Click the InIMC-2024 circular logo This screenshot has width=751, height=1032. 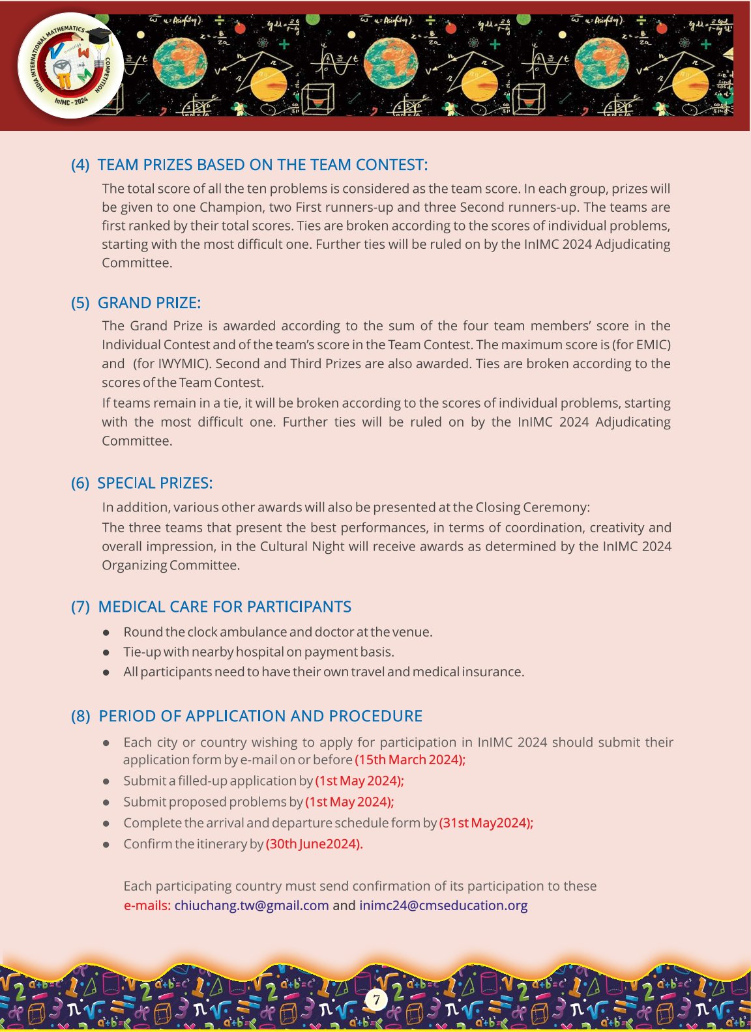tap(70, 66)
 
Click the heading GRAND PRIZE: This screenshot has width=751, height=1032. tap(149, 303)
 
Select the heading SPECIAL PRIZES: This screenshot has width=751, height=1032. tap(155, 483)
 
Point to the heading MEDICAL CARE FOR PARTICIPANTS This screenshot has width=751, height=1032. tap(224, 607)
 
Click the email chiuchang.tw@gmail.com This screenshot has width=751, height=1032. tap(252, 905)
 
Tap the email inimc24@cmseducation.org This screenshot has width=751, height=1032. tap(443, 905)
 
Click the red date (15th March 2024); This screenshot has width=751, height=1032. tap(410, 760)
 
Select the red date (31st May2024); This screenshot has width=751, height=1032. tap(486, 823)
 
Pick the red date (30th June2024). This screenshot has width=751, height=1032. tap(314, 844)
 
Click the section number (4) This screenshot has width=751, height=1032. tap(80, 165)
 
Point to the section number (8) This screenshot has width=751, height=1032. tap(80, 716)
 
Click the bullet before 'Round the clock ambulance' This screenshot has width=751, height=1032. tap(106, 632)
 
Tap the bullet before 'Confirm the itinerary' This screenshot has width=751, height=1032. tap(106, 844)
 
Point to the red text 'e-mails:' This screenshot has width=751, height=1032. tap(147, 905)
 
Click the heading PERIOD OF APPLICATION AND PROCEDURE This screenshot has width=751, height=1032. tap(260, 716)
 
